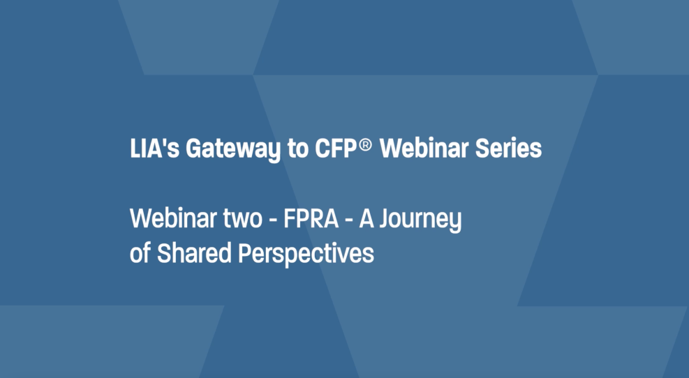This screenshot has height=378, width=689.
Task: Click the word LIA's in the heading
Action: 155,149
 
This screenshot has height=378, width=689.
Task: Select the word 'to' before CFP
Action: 298,149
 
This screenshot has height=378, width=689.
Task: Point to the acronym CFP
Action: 335,149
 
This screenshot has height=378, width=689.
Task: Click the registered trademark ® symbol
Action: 365,144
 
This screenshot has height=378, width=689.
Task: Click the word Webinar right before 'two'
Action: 173,218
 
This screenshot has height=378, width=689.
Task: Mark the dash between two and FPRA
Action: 273,220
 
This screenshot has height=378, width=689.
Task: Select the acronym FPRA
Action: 311,218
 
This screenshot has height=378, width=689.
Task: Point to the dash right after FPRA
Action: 349,220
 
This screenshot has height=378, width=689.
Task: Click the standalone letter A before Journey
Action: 366,218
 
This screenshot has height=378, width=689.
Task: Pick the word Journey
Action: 420,220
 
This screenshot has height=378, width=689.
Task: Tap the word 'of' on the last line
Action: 140,253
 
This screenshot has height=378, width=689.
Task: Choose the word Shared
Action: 194,253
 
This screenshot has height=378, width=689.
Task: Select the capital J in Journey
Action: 385,218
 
